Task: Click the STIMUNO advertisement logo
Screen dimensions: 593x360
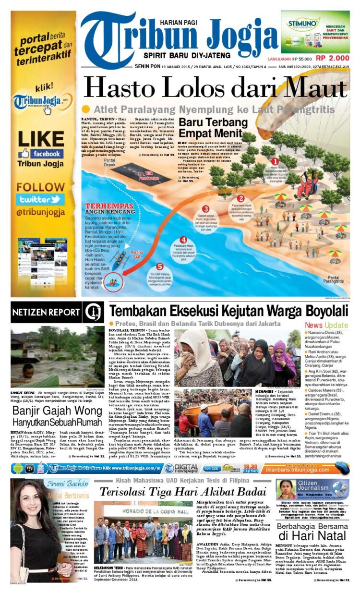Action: [x=301, y=23]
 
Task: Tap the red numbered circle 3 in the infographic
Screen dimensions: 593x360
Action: [x=205, y=209]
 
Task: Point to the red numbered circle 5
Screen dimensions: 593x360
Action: [x=160, y=266]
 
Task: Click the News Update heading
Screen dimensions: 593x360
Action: [x=326, y=325]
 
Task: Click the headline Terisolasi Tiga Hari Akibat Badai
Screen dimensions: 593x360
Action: [x=182, y=492]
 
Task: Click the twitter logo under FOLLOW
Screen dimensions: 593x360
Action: [x=40, y=199]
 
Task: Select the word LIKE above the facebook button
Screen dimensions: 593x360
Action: [x=40, y=139]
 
